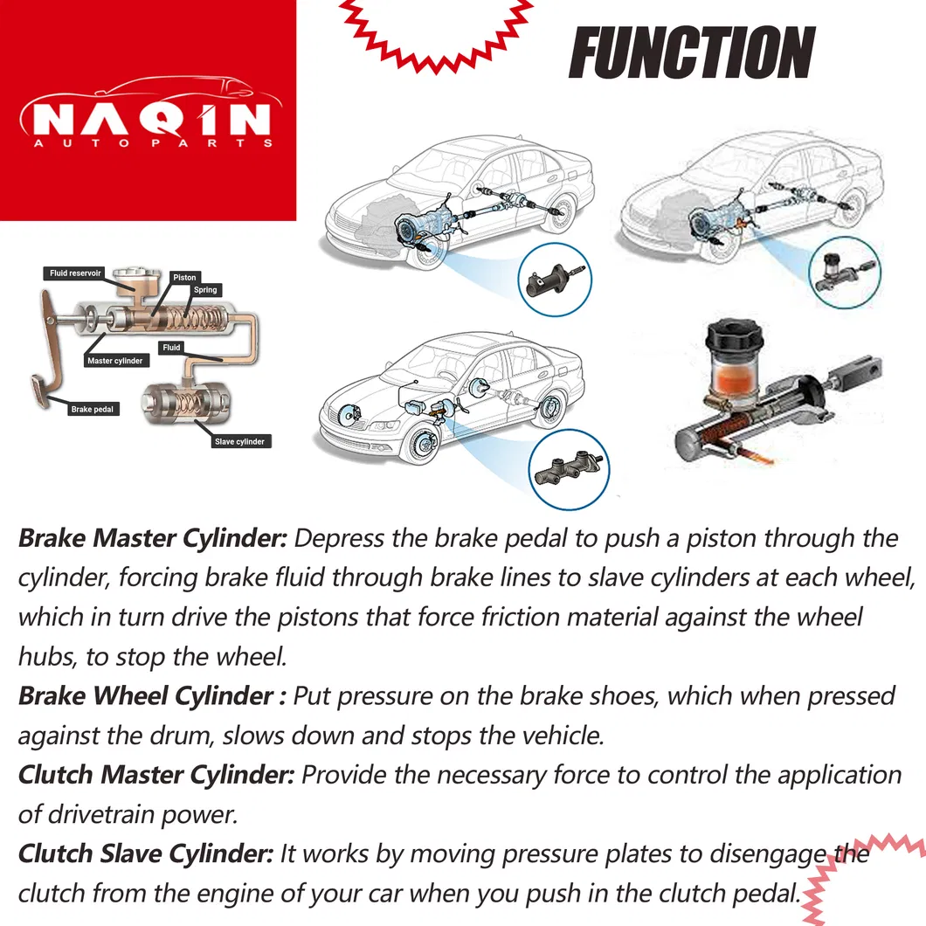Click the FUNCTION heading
(x=691, y=53)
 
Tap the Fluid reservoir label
(x=76, y=273)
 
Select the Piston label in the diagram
(x=184, y=277)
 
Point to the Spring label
(x=205, y=290)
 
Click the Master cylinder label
(x=114, y=361)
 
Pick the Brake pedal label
(x=93, y=409)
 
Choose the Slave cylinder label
(x=239, y=442)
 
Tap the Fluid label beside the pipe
(x=172, y=348)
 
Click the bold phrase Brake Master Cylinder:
(x=153, y=538)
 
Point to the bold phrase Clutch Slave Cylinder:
(x=146, y=853)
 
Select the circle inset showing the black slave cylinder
(x=555, y=281)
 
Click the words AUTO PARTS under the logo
(x=148, y=143)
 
